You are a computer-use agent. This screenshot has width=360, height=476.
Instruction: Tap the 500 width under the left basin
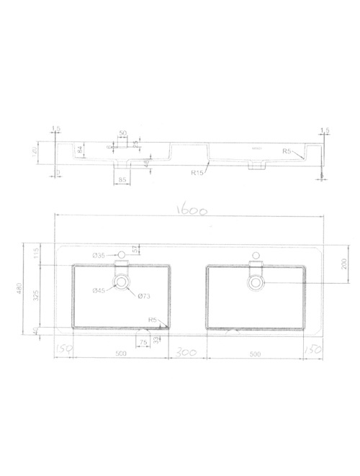[x=120, y=353]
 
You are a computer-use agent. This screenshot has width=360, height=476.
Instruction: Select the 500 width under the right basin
[x=254, y=353]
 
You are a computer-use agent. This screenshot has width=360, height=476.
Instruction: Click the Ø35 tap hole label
[x=99, y=255]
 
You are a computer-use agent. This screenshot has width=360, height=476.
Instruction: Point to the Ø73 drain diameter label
[x=143, y=296]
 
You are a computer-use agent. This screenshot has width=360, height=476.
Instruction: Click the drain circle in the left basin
[x=122, y=283]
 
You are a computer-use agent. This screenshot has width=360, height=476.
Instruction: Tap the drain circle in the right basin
[x=255, y=283]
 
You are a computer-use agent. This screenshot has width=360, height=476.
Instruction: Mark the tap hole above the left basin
[x=122, y=254]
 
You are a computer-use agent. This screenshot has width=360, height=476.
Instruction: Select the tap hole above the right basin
[x=255, y=254]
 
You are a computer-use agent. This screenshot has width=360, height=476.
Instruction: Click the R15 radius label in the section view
[x=198, y=172]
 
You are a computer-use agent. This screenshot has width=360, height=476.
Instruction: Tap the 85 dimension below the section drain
[x=122, y=179]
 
